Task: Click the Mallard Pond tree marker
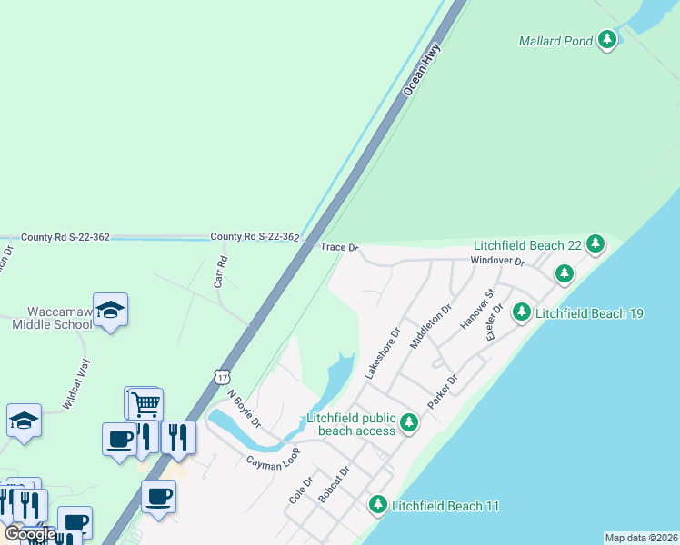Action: point(607,40)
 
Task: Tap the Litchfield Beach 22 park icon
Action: point(595,243)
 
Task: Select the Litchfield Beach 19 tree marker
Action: point(522,312)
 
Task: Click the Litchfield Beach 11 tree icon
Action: point(378,504)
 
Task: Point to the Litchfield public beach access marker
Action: point(409,421)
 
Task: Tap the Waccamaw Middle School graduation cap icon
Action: point(110,311)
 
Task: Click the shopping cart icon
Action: point(146,401)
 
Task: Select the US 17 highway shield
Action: point(223,375)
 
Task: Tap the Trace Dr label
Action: point(340,247)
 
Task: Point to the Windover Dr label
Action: point(497,262)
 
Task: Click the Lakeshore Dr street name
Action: point(382,353)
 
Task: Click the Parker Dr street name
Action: point(442,391)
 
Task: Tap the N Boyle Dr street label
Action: point(244,410)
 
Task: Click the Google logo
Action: point(30,533)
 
